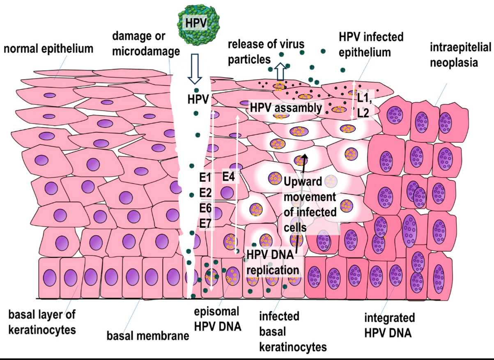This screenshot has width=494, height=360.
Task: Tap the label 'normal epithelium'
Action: (x=48, y=49)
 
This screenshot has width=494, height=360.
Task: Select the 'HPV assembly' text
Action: (x=286, y=108)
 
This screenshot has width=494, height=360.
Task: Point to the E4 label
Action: (x=228, y=177)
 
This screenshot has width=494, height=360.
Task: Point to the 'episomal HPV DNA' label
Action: (x=217, y=318)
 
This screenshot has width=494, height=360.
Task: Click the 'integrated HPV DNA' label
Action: (x=389, y=324)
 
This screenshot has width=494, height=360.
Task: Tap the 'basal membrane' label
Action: (x=147, y=336)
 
